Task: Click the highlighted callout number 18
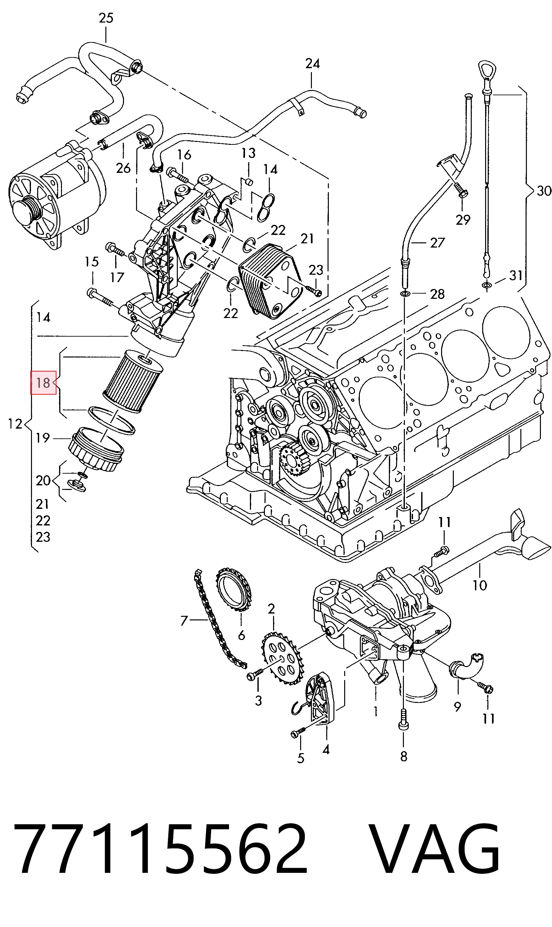point(43,383)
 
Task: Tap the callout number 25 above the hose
point(106,18)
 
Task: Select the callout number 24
point(313,64)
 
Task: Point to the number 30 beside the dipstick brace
point(544,191)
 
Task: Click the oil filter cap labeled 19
point(96,449)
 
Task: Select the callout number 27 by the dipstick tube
point(437,243)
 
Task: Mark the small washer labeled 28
point(405,295)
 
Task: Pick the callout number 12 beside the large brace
point(15,424)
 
